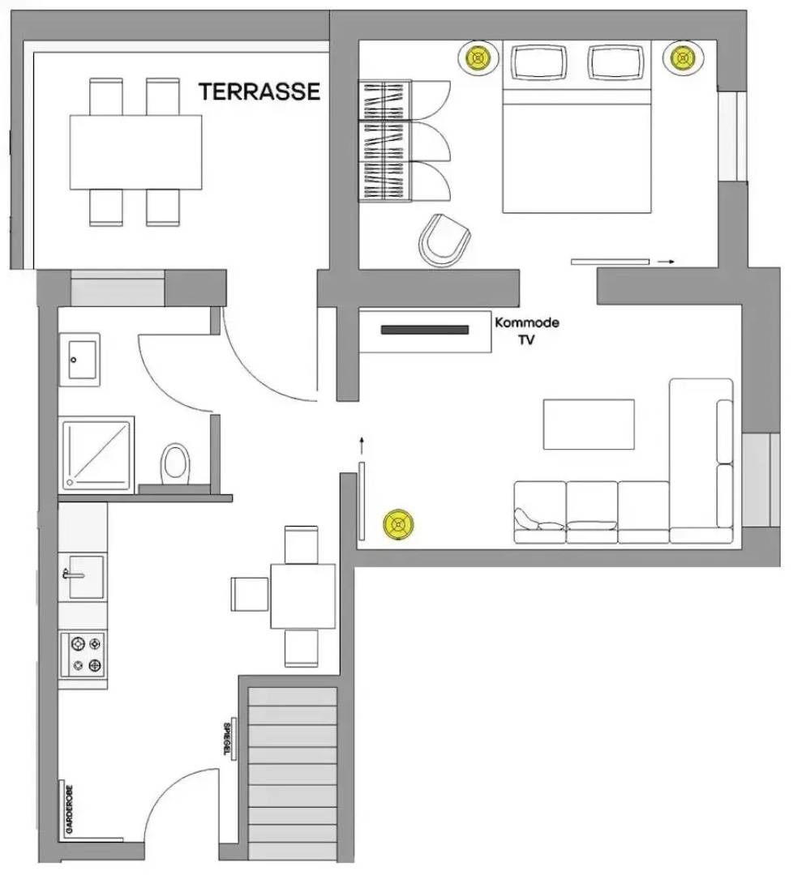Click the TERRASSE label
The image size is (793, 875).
(259, 92)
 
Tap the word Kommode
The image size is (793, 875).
(527, 322)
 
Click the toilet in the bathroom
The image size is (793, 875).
(174, 463)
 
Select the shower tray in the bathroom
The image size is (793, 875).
(96, 455)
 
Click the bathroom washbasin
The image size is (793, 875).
(79, 359)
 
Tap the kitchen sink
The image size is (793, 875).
(84, 576)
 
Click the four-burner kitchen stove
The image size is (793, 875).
(84, 655)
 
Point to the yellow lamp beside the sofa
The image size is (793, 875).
(398, 524)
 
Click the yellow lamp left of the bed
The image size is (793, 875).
(479, 58)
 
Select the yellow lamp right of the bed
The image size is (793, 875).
(683, 58)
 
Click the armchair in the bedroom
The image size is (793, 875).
(445, 240)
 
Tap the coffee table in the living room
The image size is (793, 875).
(589, 424)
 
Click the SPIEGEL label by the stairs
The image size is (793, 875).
(226, 738)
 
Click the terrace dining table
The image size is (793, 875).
(135, 152)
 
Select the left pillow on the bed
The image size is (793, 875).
(538, 62)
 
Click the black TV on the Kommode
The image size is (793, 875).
(425, 330)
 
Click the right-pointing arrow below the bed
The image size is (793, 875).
(666, 262)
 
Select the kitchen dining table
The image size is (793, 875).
(302, 596)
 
